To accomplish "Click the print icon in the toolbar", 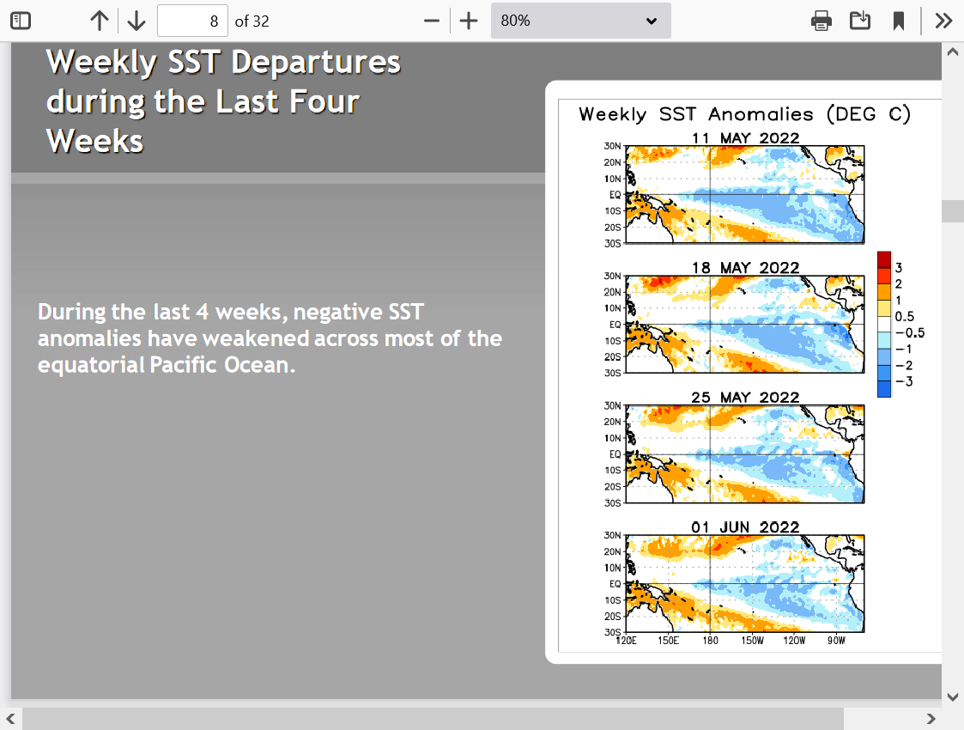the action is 821,21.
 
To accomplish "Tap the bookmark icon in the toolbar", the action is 898,21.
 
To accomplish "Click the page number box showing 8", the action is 192,21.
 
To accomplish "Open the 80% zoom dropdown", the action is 580,21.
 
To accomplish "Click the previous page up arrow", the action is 99,21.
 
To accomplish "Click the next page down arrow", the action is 136,21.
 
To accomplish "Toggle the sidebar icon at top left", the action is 21,21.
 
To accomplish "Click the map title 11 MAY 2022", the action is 745,137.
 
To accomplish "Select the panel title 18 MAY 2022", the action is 745,267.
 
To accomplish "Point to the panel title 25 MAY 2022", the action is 745,398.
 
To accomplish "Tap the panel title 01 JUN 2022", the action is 745,527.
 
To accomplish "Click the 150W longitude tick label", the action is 752,641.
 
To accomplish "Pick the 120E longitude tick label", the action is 627,641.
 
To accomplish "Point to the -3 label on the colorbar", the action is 905,381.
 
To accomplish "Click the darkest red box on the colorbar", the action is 884,259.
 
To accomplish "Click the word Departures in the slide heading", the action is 316,62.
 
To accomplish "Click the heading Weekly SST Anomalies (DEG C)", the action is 744,114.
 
